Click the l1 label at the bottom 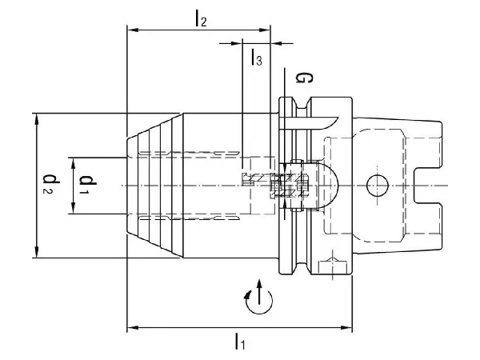pos(239,342)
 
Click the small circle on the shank pos(375,186)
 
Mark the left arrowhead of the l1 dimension pos(132,327)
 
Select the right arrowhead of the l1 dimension pos(348,327)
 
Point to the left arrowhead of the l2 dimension pos(132,30)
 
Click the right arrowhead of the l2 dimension pos(266,30)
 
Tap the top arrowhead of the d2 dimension pos(37,117)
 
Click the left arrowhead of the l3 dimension pos(246,42)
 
